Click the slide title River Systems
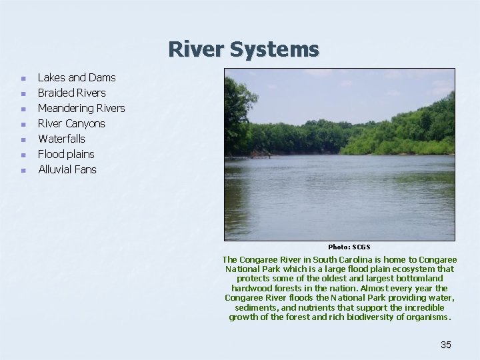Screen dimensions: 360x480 243,49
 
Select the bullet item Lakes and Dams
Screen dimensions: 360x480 77,77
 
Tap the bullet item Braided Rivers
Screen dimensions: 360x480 71,93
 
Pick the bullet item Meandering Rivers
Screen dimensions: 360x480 81,108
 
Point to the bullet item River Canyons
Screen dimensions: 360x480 71,123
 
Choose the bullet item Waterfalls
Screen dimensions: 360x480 61,139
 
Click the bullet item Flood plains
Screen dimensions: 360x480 66,154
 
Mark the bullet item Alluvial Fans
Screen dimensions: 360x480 67,169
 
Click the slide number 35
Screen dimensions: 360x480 446,345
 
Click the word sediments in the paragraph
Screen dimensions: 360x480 254,308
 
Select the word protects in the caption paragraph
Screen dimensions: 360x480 253,278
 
